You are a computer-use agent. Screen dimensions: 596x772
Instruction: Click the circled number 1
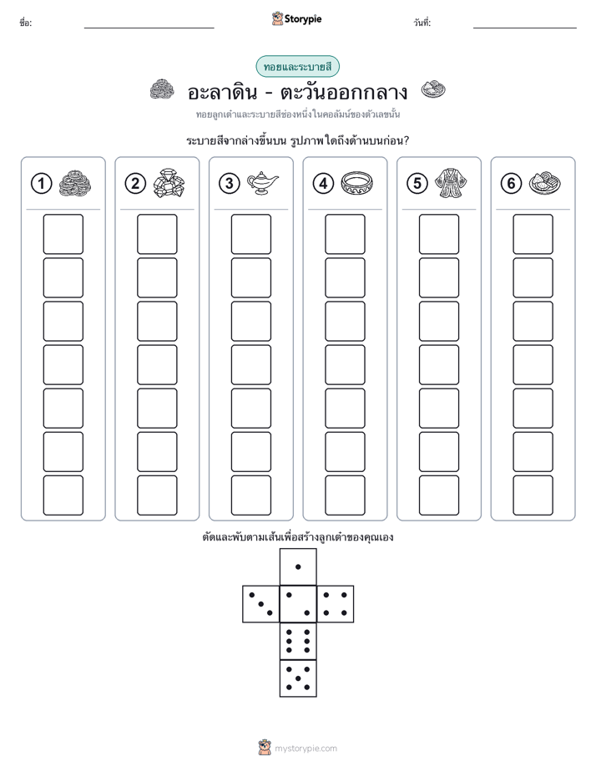tap(41, 184)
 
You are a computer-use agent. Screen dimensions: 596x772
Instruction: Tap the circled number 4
tap(323, 184)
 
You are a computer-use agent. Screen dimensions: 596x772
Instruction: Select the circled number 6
tap(511, 184)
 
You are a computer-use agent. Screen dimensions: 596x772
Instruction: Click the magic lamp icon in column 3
tap(262, 183)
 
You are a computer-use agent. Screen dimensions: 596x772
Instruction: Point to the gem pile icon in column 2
tap(169, 183)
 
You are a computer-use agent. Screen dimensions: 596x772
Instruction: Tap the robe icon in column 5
tap(451, 183)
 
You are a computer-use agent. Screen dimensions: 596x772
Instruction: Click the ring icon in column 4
tap(356, 184)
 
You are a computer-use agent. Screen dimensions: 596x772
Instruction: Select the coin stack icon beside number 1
tap(75, 184)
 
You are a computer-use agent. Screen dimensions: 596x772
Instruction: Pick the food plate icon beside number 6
tap(545, 183)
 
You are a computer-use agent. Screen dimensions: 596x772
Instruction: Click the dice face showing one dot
tap(298, 566)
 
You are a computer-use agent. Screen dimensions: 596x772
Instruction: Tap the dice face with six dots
tap(298, 641)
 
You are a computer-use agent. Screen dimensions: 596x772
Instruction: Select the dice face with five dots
tap(298, 678)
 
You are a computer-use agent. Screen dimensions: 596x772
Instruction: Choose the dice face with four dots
tap(336, 604)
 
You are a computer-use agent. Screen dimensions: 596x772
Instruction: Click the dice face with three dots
tap(261, 604)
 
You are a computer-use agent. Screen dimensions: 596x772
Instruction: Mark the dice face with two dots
tap(298, 604)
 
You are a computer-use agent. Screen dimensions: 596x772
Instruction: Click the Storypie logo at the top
tap(296, 18)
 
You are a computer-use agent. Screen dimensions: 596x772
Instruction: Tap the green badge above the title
tap(297, 67)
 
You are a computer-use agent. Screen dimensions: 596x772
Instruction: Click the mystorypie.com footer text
tap(306, 749)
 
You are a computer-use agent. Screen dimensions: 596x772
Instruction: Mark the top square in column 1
tap(63, 234)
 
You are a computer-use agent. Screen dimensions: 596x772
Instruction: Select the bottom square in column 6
tap(533, 495)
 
